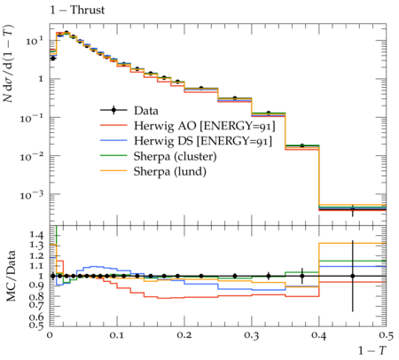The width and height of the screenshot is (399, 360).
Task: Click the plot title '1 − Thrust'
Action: (x=77, y=10)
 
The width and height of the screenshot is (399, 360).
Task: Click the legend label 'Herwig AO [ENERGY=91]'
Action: (x=205, y=126)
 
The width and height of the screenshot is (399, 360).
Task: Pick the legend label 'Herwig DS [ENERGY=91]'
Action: (x=203, y=141)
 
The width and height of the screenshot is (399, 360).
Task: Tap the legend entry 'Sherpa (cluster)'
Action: (x=175, y=156)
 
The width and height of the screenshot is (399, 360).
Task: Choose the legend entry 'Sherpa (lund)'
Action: (x=170, y=171)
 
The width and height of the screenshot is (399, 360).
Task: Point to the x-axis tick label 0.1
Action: (x=117, y=335)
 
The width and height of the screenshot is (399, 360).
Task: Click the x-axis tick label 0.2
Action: (x=184, y=335)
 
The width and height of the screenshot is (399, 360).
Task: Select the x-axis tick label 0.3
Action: (x=252, y=335)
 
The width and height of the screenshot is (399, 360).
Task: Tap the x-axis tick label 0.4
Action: (x=319, y=335)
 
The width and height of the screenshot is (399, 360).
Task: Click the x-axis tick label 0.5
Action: (x=386, y=335)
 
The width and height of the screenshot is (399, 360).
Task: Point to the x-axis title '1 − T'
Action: (x=372, y=350)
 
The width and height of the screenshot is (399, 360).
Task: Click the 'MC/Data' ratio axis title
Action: (x=11, y=276)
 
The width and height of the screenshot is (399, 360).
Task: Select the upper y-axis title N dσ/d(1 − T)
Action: (x=9, y=63)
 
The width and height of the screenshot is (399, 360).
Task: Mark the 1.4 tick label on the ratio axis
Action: (x=36, y=235)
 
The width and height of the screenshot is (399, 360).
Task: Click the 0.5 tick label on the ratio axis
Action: (x=36, y=325)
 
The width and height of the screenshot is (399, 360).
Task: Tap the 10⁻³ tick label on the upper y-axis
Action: (x=32, y=194)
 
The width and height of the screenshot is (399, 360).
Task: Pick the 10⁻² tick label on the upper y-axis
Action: (x=32, y=156)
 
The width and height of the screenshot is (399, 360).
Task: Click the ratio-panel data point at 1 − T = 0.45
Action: (x=353, y=276)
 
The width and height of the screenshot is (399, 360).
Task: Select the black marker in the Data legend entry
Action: (x=113, y=111)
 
